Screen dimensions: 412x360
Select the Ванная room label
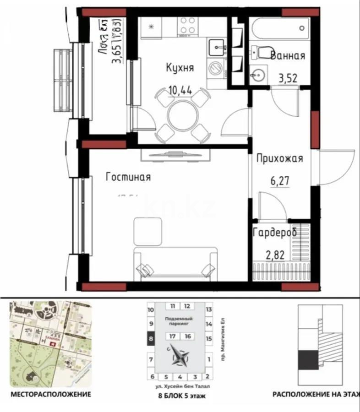(288, 56)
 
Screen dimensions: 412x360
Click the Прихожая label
(280, 159)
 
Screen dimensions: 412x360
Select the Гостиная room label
(128, 177)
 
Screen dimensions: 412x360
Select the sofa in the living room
(175, 263)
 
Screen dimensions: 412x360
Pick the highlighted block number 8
(151, 339)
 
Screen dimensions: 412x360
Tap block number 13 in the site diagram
(208, 310)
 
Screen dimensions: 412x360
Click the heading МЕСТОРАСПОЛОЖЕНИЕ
(50, 394)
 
